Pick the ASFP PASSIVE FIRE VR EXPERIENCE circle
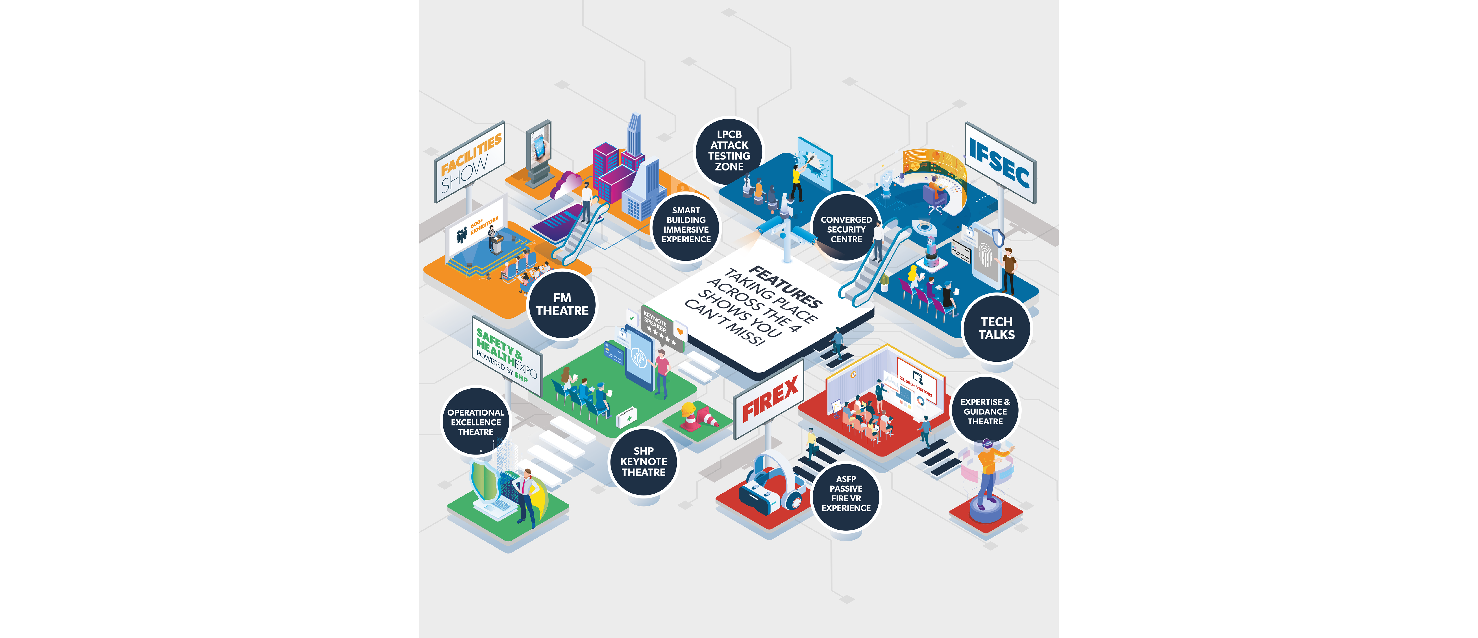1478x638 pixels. [x=846, y=493]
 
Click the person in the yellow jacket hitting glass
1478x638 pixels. [x=796, y=181]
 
